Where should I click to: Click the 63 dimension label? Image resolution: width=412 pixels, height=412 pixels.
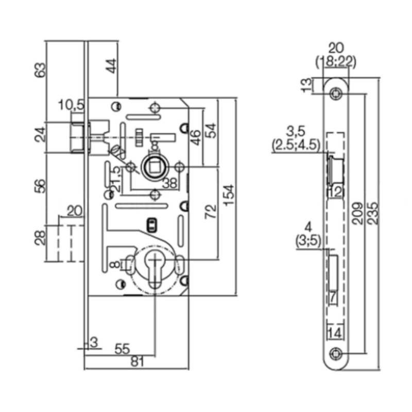point(40,70)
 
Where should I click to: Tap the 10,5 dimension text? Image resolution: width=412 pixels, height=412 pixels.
point(71,106)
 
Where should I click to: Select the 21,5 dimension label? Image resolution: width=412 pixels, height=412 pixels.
point(116,178)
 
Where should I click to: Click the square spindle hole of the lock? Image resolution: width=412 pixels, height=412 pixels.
point(154,166)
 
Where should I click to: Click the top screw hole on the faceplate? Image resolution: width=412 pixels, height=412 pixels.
point(337,93)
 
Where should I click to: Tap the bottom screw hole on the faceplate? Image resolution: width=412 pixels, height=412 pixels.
point(337,354)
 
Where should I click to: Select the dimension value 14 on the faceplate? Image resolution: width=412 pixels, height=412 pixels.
point(335,333)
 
